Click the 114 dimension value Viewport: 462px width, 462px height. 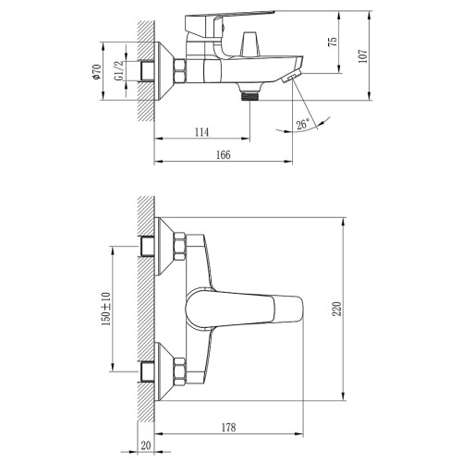coord(201,132)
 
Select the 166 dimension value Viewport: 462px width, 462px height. coord(224,155)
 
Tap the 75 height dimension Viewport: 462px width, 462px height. coord(334,42)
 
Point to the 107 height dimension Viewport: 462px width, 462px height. coord(364,56)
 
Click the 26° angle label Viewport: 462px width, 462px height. coord(302,125)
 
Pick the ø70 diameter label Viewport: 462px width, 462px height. coord(96,72)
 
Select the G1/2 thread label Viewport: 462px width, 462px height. coord(118,71)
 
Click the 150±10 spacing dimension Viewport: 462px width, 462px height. coord(105,309)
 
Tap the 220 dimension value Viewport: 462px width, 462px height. coord(338,309)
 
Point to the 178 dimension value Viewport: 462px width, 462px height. coord(228,428)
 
